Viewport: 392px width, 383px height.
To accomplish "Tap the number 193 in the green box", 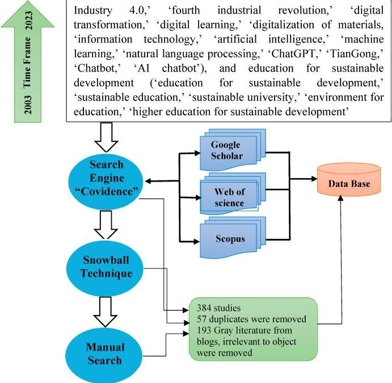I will click(205, 331).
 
